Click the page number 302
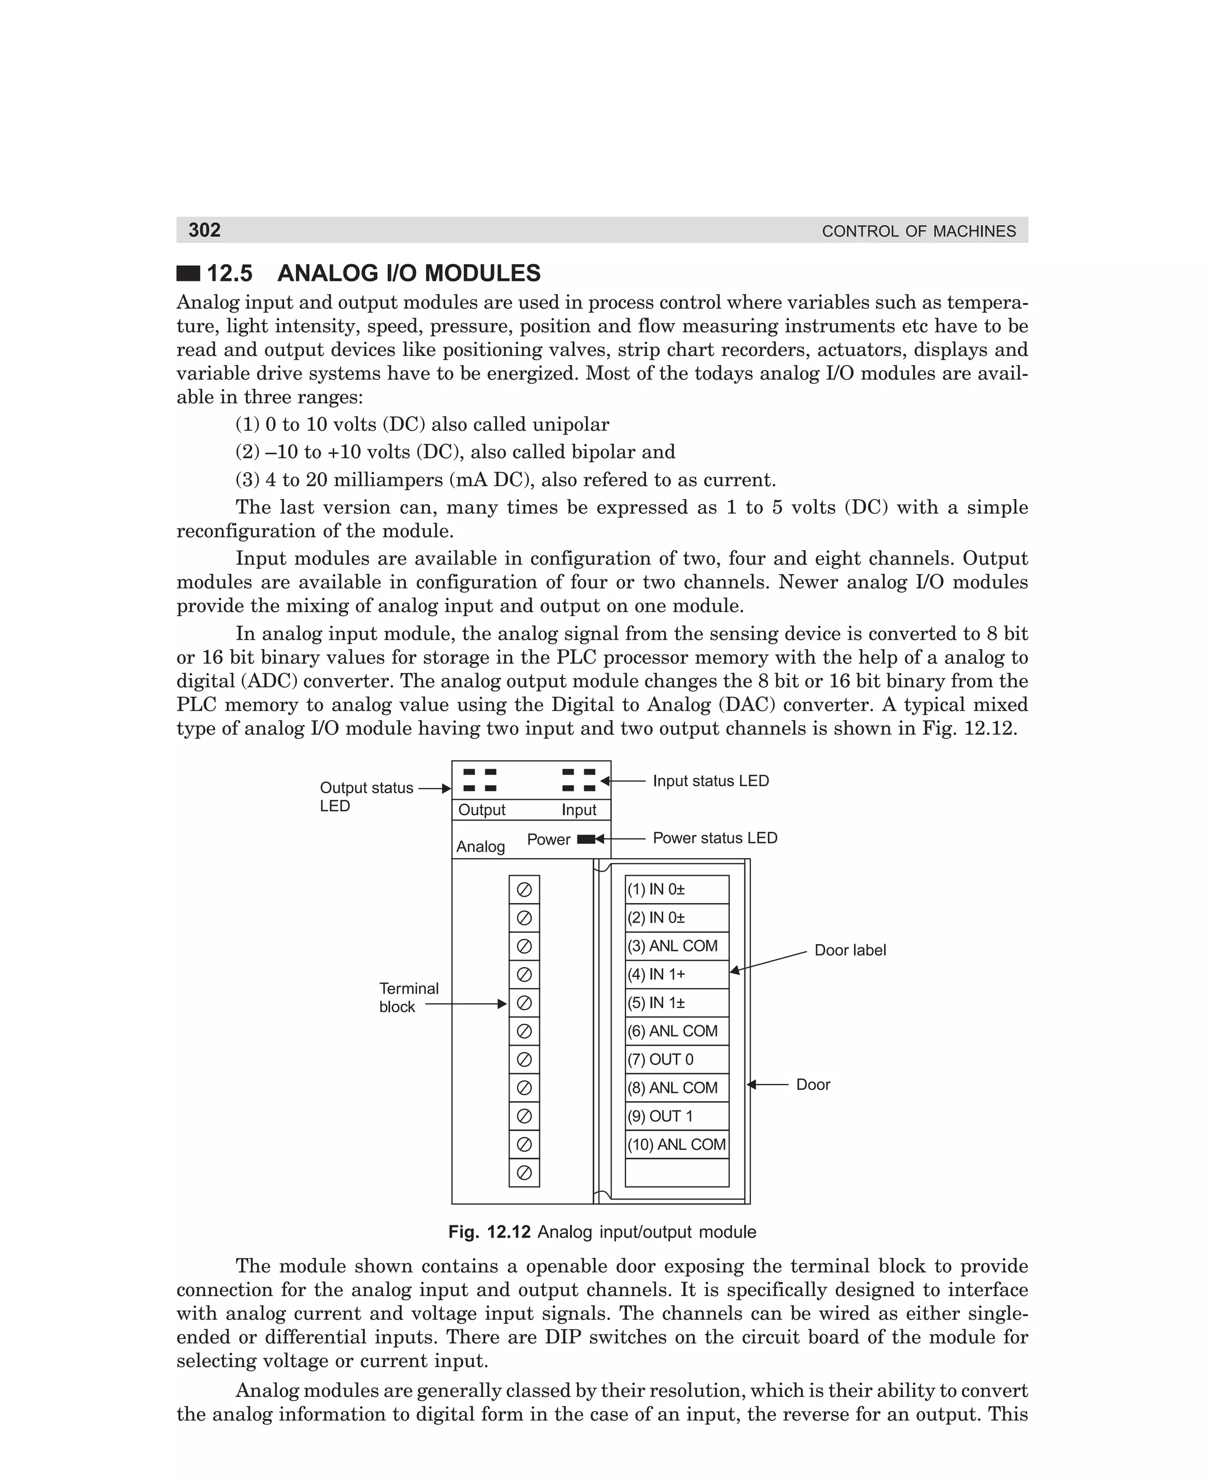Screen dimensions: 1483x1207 tap(205, 230)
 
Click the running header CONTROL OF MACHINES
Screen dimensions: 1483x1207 tap(918, 232)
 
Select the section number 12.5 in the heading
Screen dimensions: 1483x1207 tap(229, 273)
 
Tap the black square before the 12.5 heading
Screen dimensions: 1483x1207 tap(188, 273)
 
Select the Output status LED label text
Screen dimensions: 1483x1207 tap(366, 797)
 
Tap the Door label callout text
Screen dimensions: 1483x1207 tap(850, 950)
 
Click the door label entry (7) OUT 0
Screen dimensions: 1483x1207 tap(661, 1060)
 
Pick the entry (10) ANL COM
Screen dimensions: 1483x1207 tap(676, 1145)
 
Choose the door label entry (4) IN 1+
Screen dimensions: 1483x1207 tap(657, 975)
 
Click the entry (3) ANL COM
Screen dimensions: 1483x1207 tap(672, 946)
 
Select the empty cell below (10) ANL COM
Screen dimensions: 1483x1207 tap(677, 1173)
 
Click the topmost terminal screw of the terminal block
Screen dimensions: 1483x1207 tap(525, 890)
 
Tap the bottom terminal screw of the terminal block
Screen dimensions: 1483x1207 tap(525, 1173)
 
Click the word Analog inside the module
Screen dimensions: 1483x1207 tap(480, 847)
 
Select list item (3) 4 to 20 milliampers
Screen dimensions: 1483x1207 tap(506, 480)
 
